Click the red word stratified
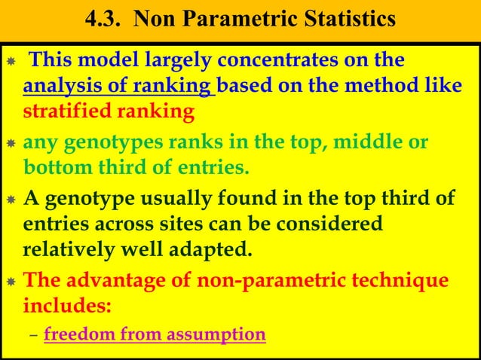click(x=60, y=112)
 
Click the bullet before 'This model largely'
click(x=11, y=61)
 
